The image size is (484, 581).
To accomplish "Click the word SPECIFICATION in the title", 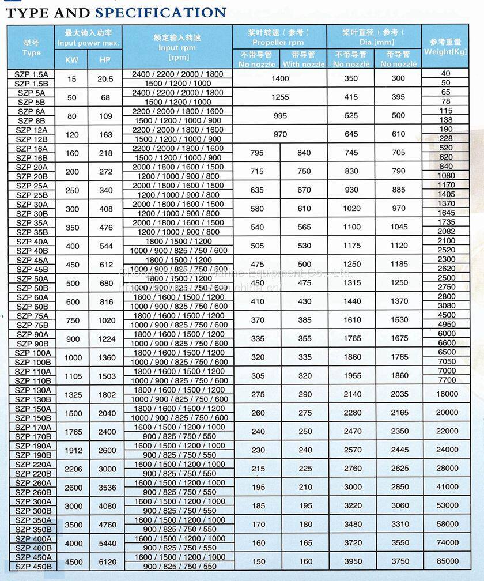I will coord(161,12).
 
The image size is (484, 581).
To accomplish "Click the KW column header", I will coord(71,59).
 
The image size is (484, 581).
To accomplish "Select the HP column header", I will coord(105,59).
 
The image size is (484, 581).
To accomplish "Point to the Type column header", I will coord(31,48).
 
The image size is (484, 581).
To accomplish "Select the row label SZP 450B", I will coord(33,566).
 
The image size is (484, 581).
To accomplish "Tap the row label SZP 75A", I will coord(32,315).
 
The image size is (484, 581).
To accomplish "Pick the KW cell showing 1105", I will coord(73,376).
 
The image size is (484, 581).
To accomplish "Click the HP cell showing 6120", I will coord(107,561).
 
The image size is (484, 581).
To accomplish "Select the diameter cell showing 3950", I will coord(351,561).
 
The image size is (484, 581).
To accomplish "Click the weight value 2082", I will coord(446,231).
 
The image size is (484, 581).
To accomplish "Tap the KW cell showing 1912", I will coord(73,450).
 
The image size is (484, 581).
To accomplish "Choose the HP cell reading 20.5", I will coord(105,79).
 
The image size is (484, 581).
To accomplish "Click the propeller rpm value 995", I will coord(279,115).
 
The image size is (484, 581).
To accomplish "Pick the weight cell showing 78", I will coord(446,101).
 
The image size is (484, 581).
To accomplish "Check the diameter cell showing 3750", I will coord(399,561).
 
